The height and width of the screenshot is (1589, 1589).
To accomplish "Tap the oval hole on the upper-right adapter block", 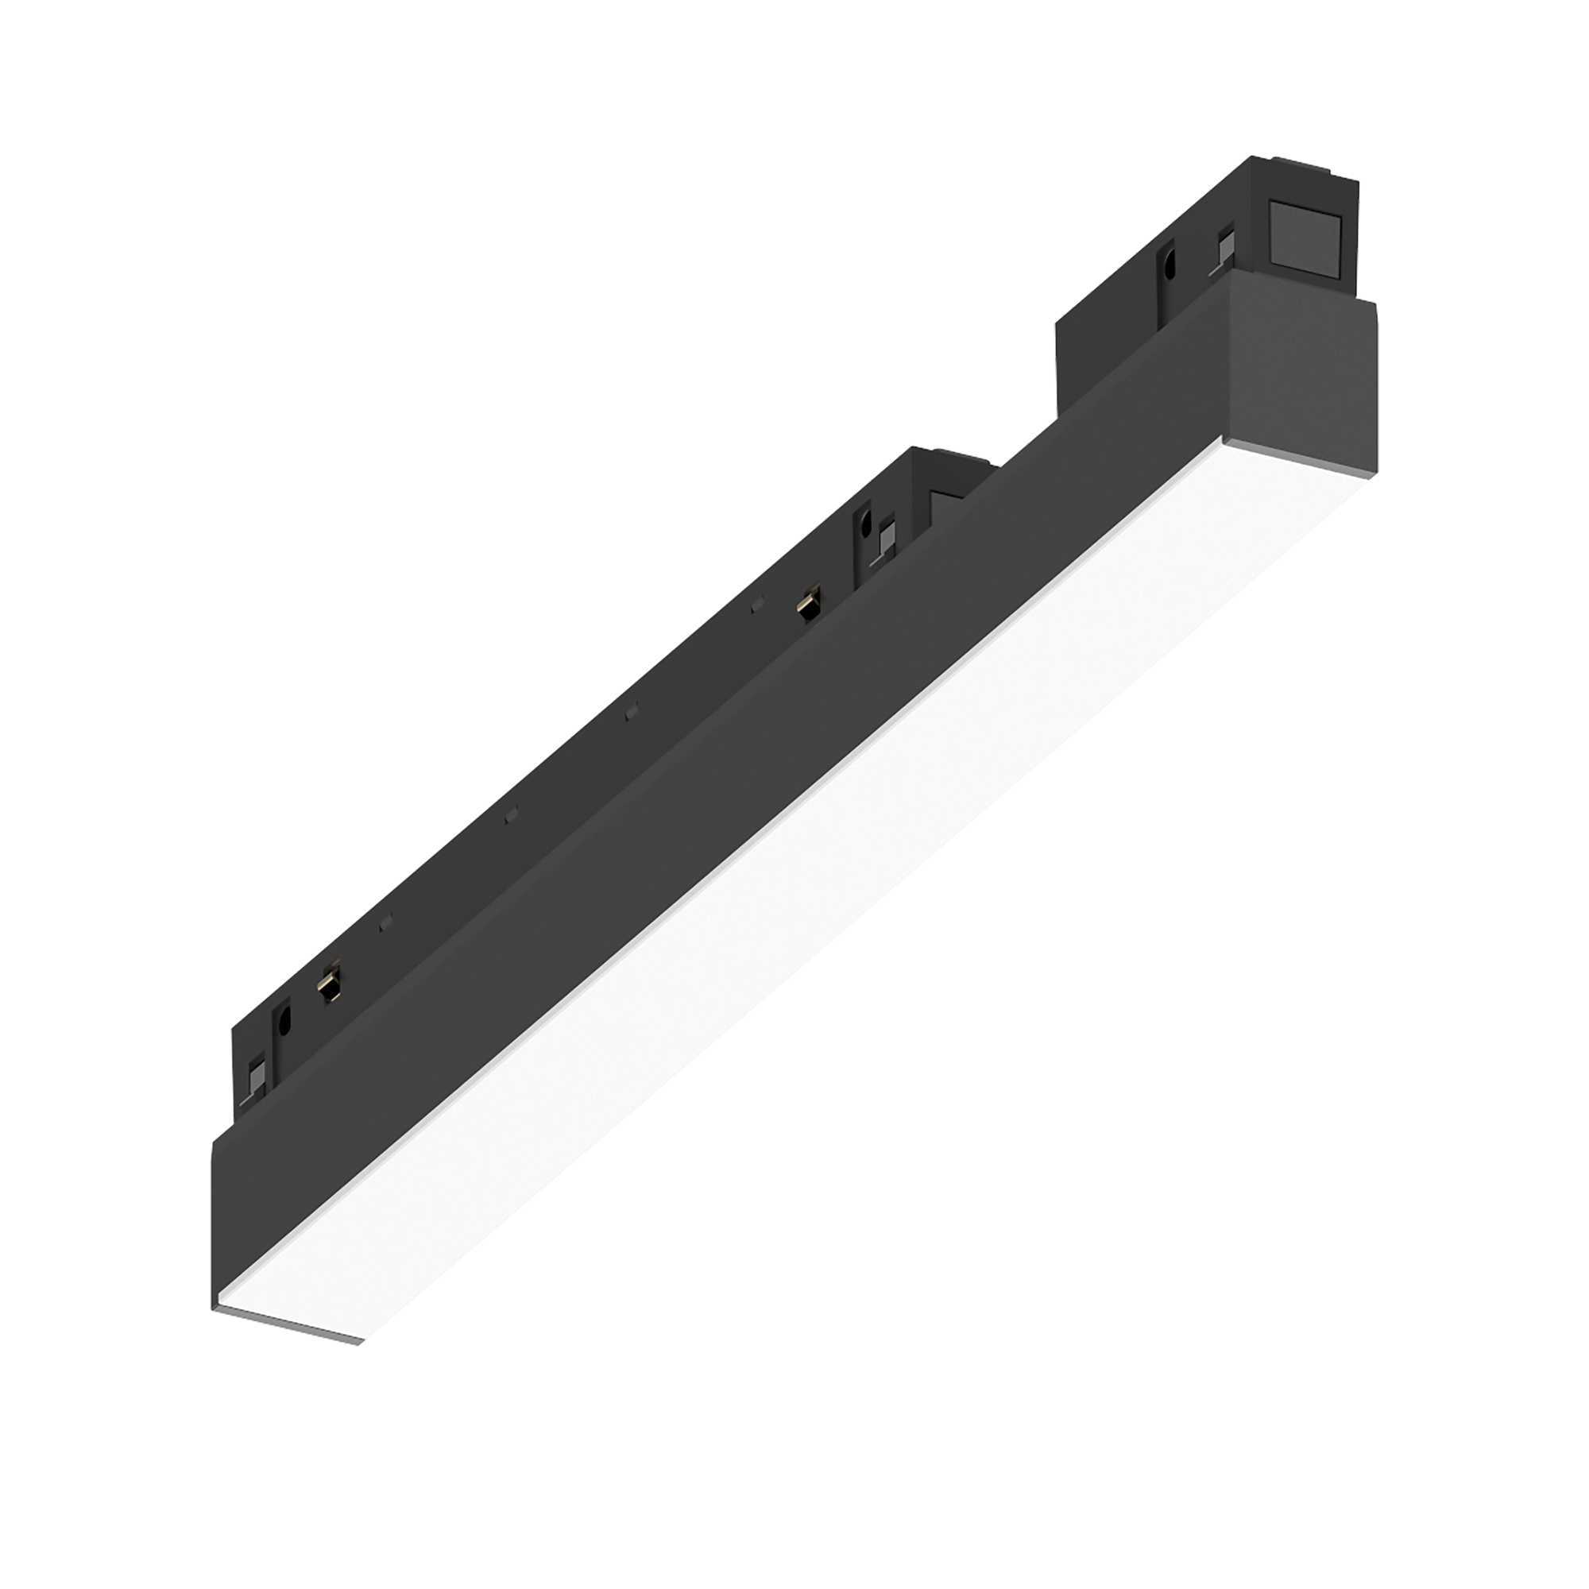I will pos(1168,265).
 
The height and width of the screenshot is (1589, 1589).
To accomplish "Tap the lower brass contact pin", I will pos(330,984).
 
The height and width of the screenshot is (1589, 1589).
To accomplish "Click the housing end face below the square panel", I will pos(1300,370).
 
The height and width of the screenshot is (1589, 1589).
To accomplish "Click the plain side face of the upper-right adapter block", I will pos(1102,329).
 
